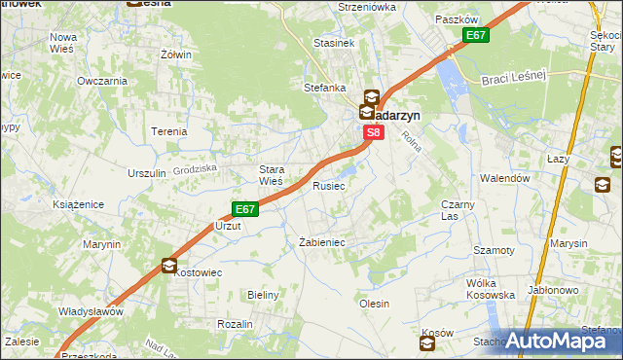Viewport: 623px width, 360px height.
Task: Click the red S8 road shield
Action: click(x=375, y=131)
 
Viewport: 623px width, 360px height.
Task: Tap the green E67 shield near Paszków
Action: click(x=475, y=36)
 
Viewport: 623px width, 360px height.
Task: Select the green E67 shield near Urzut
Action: click(x=244, y=208)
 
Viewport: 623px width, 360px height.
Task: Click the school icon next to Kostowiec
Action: click(x=169, y=265)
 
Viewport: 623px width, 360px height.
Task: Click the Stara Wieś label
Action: click(x=270, y=174)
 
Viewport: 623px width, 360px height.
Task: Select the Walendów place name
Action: click(x=504, y=179)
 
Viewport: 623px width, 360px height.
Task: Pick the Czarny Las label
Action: click(x=457, y=210)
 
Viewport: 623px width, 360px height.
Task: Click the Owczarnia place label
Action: click(x=102, y=81)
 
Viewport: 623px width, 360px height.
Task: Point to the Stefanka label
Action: click(x=325, y=88)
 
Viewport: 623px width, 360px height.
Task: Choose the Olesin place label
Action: click(x=375, y=304)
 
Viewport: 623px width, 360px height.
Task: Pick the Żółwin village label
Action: click(x=176, y=54)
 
